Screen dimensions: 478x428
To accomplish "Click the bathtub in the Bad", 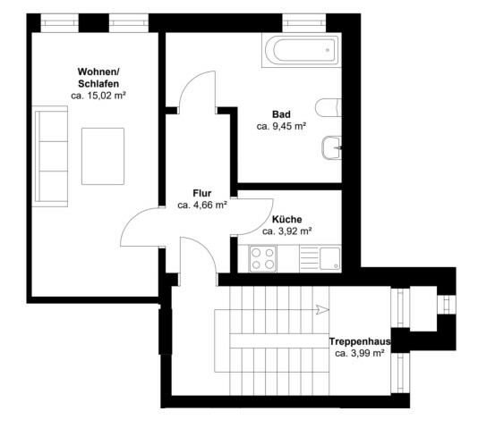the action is (x=301, y=50).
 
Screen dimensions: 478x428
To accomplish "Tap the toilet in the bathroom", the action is (x=329, y=107).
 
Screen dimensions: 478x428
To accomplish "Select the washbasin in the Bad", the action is (x=332, y=147).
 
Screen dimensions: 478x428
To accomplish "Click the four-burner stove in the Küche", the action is (x=263, y=259).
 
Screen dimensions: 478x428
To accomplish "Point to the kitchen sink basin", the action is (x=329, y=258).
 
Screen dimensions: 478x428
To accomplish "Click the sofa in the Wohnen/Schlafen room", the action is (x=50, y=156).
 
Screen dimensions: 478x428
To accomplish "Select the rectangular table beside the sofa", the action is (x=103, y=156).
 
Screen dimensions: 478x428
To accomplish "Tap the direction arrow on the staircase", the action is (x=322, y=310).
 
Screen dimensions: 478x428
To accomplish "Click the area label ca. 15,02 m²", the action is (x=98, y=96).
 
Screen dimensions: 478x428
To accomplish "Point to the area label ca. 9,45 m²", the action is (x=281, y=126).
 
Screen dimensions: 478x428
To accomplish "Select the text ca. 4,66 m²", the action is (x=202, y=205).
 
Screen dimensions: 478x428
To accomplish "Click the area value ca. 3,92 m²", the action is (x=286, y=231).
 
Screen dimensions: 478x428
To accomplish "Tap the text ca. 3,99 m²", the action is (x=360, y=354).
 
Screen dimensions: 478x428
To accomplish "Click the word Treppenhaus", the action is (x=360, y=341).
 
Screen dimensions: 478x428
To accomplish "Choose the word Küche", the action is (x=286, y=219).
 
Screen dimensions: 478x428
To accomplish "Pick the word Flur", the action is (x=202, y=193).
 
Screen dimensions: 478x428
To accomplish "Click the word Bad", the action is (x=281, y=114).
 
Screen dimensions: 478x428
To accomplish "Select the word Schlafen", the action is (x=98, y=84).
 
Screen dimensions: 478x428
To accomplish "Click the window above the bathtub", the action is (x=304, y=23).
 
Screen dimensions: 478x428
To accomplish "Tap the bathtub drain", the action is (x=328, y=50).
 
